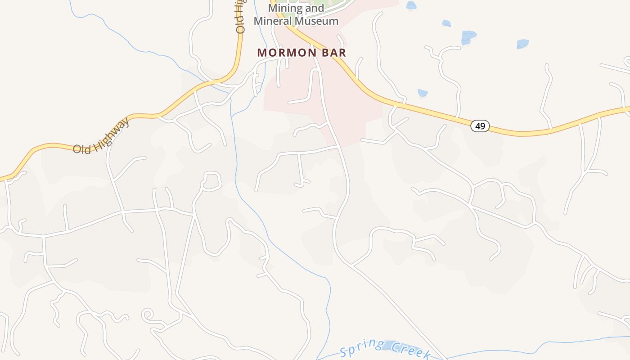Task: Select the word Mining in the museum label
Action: (283, 8)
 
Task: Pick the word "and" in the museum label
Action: (315, 8)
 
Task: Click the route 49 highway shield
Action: (480, 126)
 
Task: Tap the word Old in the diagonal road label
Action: (82, 147)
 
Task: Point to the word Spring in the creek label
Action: (362, 346)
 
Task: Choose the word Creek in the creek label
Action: (410, 351)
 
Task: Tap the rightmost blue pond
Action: (522, 44)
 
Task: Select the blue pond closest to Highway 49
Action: (423, 93)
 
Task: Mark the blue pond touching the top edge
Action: (411, 5)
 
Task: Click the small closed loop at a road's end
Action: (211, 181)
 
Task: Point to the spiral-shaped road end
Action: (148, 315)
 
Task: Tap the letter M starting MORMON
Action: (262, 53)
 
